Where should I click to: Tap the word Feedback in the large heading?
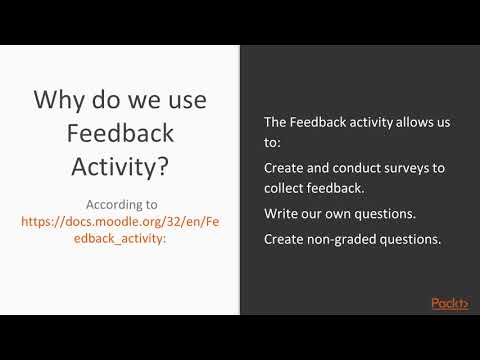coord(119,133)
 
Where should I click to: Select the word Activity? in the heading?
coord(119,166)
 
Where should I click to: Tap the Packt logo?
coord(450,303)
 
